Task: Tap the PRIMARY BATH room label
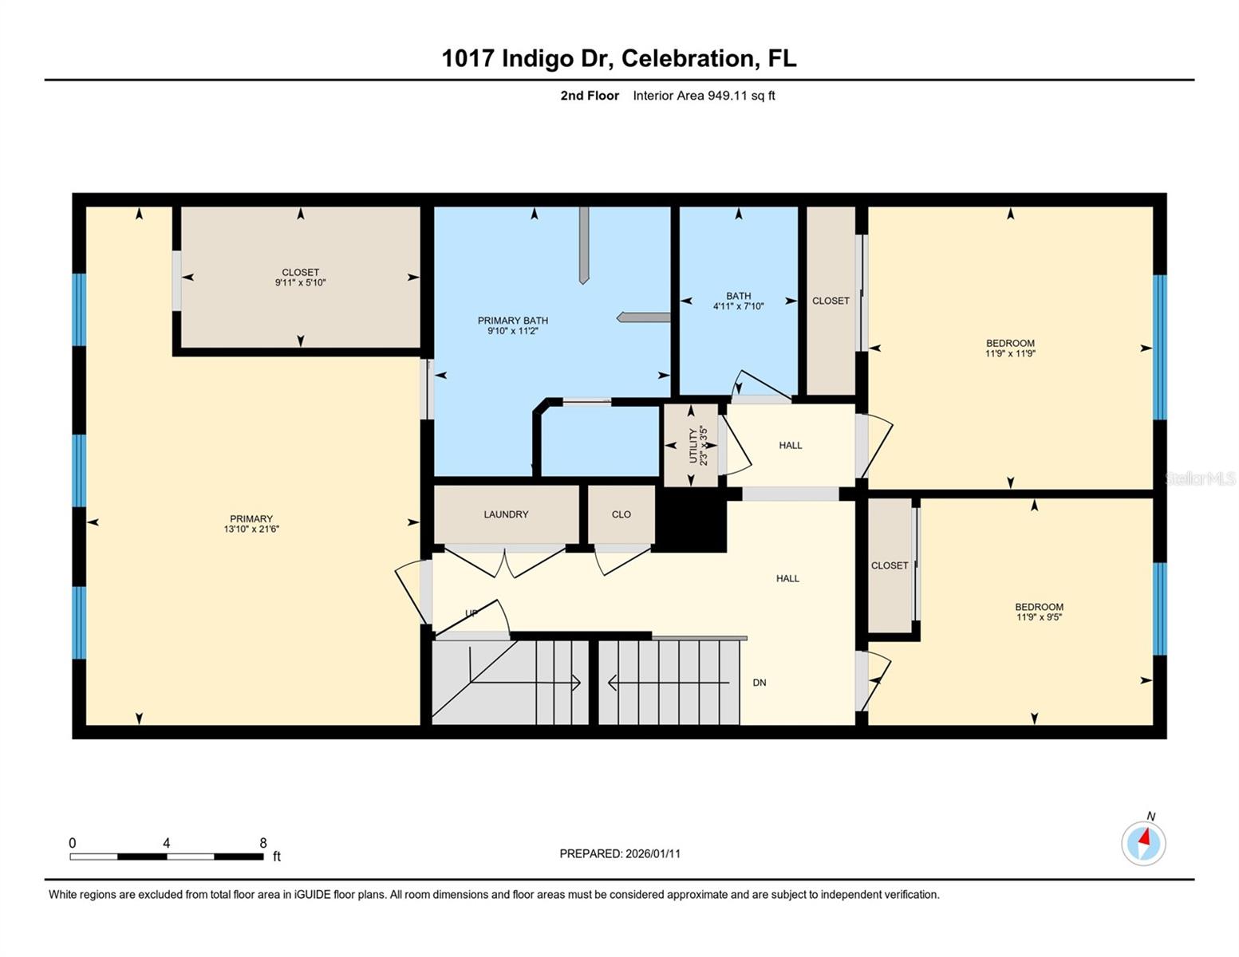coord(512,321)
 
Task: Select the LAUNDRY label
coord(506,514)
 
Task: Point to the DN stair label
coord(760,683)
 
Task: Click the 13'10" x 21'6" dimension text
coord(251,529)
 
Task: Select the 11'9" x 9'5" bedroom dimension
coord(1039,617)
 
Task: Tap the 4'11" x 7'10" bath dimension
coord(738,306)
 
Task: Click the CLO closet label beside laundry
coord(621,514)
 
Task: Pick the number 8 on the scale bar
coord(263,843)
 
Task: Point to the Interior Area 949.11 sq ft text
coord(704,96)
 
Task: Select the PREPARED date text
coord(620,853)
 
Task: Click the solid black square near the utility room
coord(691,520)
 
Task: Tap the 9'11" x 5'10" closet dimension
coord(300,282)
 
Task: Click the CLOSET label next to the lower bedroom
coord(890,565)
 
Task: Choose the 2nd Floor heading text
coord(590,96)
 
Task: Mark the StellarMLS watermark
coord(1199,478)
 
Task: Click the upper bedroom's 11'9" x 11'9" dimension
coord(1010,353)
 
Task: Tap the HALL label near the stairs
coord(787,578)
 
